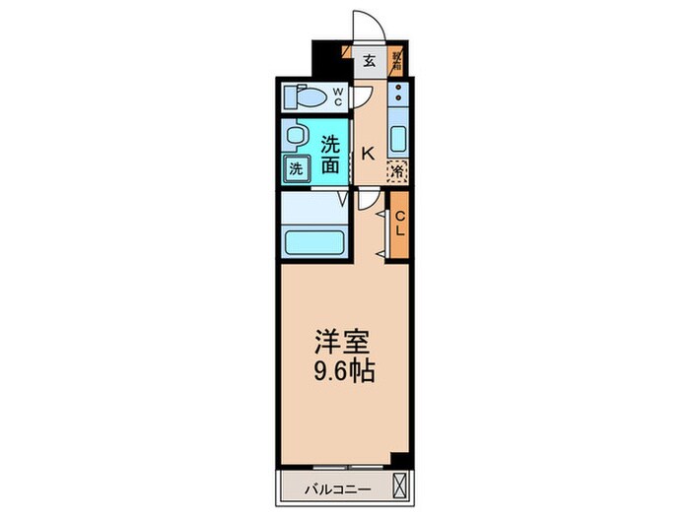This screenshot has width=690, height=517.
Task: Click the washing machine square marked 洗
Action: (296, 168)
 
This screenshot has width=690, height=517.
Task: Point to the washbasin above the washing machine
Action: (294, 134)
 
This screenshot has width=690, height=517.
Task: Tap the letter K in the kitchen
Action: (367, 153)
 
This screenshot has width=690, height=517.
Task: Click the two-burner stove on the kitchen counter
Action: (397, 96)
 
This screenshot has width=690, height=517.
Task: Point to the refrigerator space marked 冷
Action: (397, 170)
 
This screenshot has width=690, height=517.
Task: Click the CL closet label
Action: (400, 224)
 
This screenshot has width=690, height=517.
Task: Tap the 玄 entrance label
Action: (369, 61)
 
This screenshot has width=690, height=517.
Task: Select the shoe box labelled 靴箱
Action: (396, 60)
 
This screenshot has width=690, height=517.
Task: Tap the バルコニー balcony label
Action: (330, 486)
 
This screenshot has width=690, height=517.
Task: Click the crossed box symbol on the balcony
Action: (399, 485)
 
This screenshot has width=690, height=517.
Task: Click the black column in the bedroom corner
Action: (399, 458)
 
